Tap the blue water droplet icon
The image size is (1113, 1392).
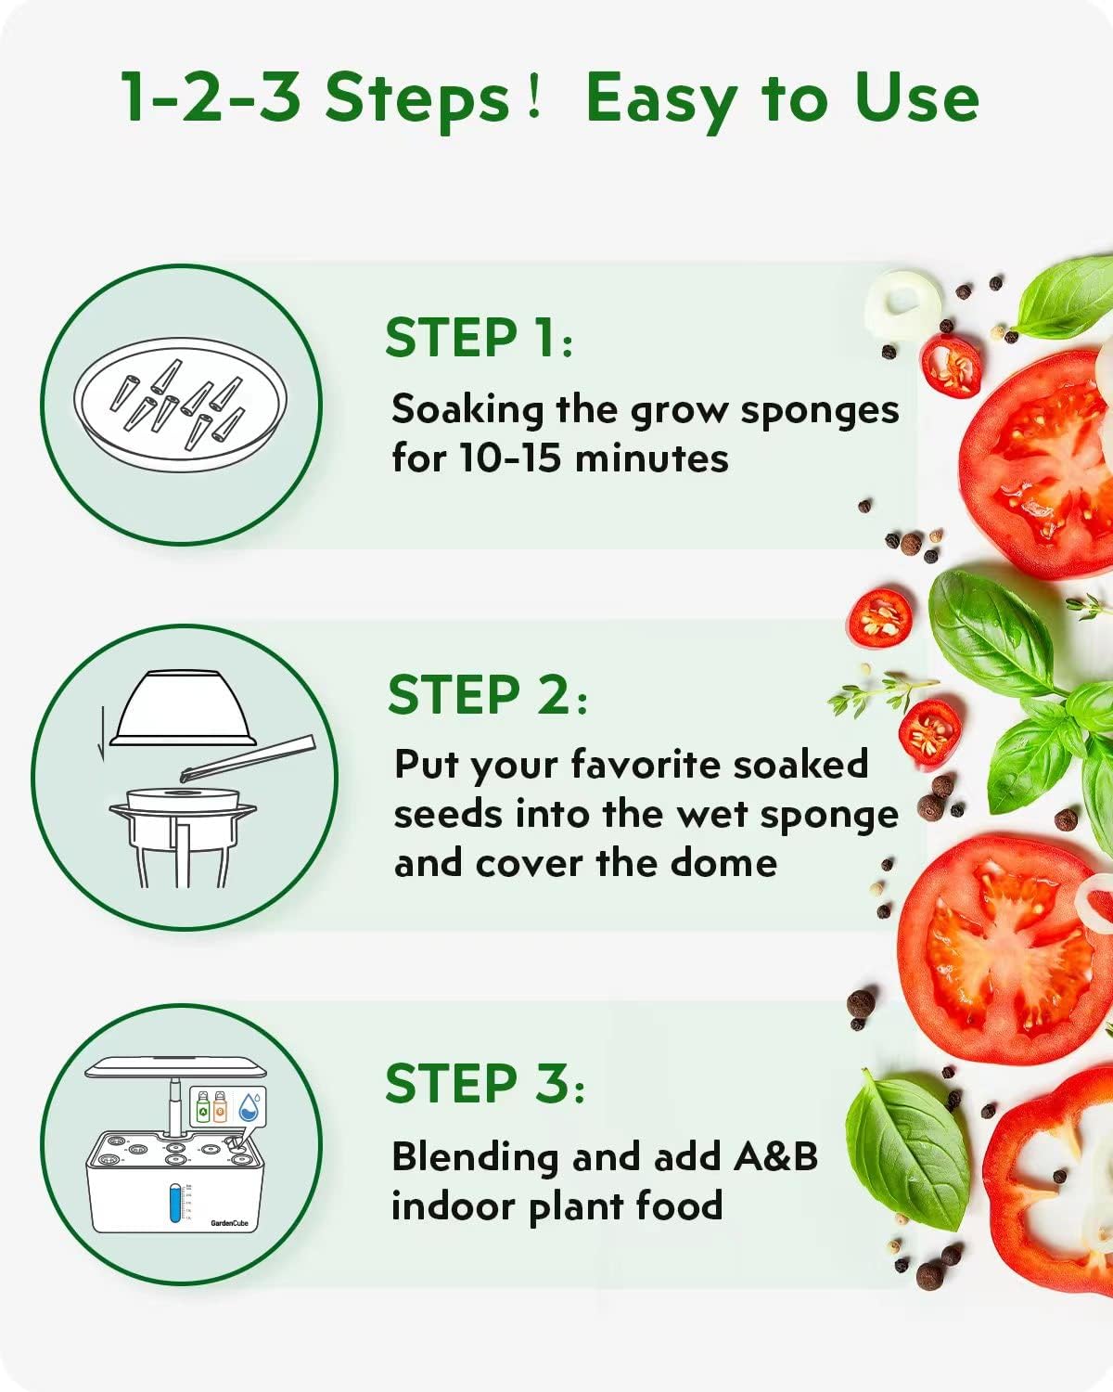coord(249,1106)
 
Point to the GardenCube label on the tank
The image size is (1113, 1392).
coord(229,1223)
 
